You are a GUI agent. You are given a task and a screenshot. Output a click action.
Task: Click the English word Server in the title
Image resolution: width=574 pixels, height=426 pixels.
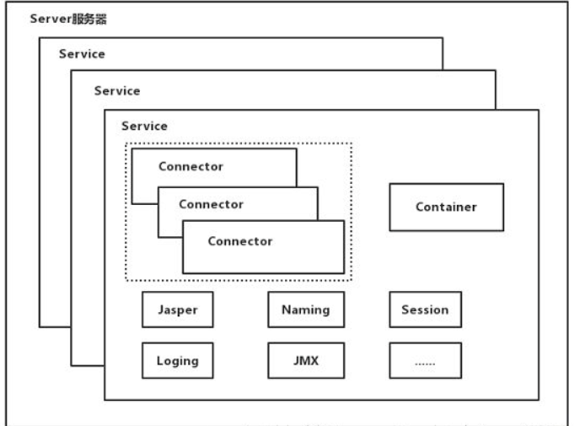pyautogui.click(x=50, y=19)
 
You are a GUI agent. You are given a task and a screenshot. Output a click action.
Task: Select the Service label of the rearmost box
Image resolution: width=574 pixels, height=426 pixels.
pyautogui.click(x=82, y=54)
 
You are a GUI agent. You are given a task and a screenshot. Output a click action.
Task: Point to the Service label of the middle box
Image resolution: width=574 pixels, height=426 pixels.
pyautogui.click(x=117, y=90)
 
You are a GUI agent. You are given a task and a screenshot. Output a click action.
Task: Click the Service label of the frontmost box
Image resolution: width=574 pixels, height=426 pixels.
pyautogui.click(x=145, y=126)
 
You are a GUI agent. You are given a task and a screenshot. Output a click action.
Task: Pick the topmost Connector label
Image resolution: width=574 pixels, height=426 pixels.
pyautogui.click(x=190, y=166)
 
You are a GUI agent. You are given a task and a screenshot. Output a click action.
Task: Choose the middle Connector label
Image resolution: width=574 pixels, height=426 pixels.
pyautogui.click(x=211, y=204)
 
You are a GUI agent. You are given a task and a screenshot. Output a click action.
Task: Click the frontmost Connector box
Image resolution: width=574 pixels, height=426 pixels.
pyautogui.click(x=263, y=246)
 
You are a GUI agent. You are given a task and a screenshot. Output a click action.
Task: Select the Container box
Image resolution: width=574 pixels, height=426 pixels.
pyautogui.click(x=446, y=207)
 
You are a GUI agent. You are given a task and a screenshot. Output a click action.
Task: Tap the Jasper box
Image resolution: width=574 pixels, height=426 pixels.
pyautogui.click(x=177, y=310)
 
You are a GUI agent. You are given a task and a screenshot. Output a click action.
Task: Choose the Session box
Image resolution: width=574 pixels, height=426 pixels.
pyautogui.click(x=425, y=310)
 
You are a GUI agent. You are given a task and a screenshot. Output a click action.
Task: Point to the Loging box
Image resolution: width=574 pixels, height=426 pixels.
pyautogui.click(x=177, y=360)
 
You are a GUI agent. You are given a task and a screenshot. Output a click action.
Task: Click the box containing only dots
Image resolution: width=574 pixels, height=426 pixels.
pyautogui.click(x=425, y=360)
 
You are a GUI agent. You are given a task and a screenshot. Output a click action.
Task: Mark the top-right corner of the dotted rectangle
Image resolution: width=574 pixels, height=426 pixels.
pyautogui.click(x=351, y=143)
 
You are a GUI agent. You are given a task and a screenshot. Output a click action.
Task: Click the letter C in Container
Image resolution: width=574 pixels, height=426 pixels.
pyautogui.click(x=420, y=208)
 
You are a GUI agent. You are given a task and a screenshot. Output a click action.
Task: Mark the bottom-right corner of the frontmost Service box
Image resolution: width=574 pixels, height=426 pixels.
pyautogui.click(x=536, y=400)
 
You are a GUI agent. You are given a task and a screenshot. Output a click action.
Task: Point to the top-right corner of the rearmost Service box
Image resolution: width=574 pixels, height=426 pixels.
pyautogui.click(x=443, y=37)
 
